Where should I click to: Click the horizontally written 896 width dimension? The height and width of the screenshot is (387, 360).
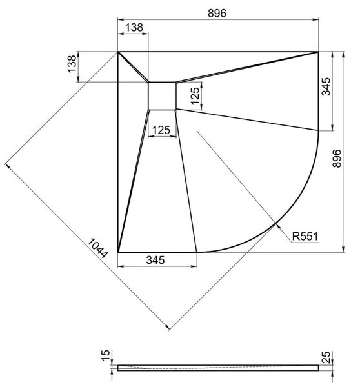(x=217, y=13)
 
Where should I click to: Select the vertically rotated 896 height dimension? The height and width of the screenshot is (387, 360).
(x=337, y=159)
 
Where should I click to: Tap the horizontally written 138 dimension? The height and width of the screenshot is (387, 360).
(x=134, y=27)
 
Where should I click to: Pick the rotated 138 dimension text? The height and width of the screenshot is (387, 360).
(x=72, y=64)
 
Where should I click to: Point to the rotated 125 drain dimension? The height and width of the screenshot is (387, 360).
(x=195, y=96)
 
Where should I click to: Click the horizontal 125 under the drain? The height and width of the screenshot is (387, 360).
(x=161, y=130)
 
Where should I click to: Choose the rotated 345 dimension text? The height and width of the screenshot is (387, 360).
(x=326, y=86)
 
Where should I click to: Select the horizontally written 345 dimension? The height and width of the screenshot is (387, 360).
(x=155, y=260)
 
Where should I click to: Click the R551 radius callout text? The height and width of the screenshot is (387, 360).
(x=305, y=237)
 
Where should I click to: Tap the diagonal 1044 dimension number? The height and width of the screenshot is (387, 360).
(x=98, y=248)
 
